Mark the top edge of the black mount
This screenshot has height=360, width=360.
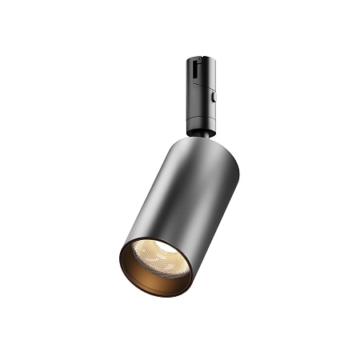[201, 57]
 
